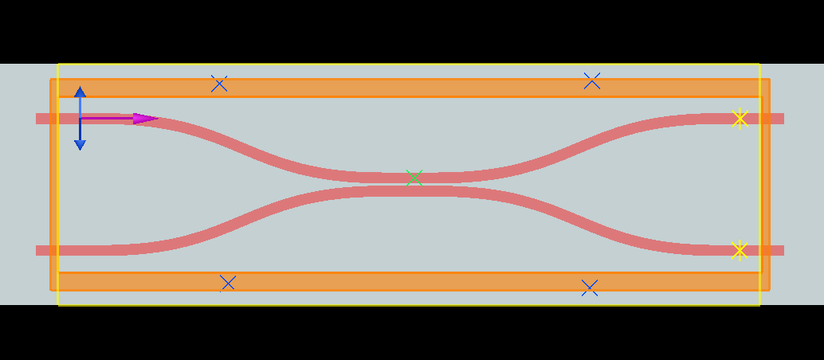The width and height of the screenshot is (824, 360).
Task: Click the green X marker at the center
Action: coord(413,178)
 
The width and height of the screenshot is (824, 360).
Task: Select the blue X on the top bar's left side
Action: coord(219,84)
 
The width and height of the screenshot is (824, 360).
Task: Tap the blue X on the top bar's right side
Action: coord(591,80)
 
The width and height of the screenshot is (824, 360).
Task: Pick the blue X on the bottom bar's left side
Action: coord(228,283)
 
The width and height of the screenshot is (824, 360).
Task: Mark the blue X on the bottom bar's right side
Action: coord(589,288)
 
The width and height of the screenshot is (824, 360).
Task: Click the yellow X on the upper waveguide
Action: coord(740,119)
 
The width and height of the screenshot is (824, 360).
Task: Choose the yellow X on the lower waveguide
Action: coord(739,250)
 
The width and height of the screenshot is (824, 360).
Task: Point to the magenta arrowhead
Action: coord(145,119)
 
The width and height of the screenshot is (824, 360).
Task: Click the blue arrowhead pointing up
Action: coord(80,92)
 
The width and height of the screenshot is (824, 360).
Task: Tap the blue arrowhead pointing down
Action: coord(80,144)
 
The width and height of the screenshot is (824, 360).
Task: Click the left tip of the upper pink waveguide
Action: coord(37,119)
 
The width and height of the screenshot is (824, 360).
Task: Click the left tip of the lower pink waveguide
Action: coord(37,250)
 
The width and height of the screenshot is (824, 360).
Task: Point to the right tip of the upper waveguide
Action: coord(783,119)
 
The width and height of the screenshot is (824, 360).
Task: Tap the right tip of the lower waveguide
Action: coord(783,250)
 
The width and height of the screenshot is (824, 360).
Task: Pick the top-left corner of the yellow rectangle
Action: coord(58,65)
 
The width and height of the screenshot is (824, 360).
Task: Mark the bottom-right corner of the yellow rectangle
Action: coord(759,304)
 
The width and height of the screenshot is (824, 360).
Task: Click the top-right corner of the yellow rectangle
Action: coord(759,65)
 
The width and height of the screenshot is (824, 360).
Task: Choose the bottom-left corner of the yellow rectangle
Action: coord(58,304)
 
